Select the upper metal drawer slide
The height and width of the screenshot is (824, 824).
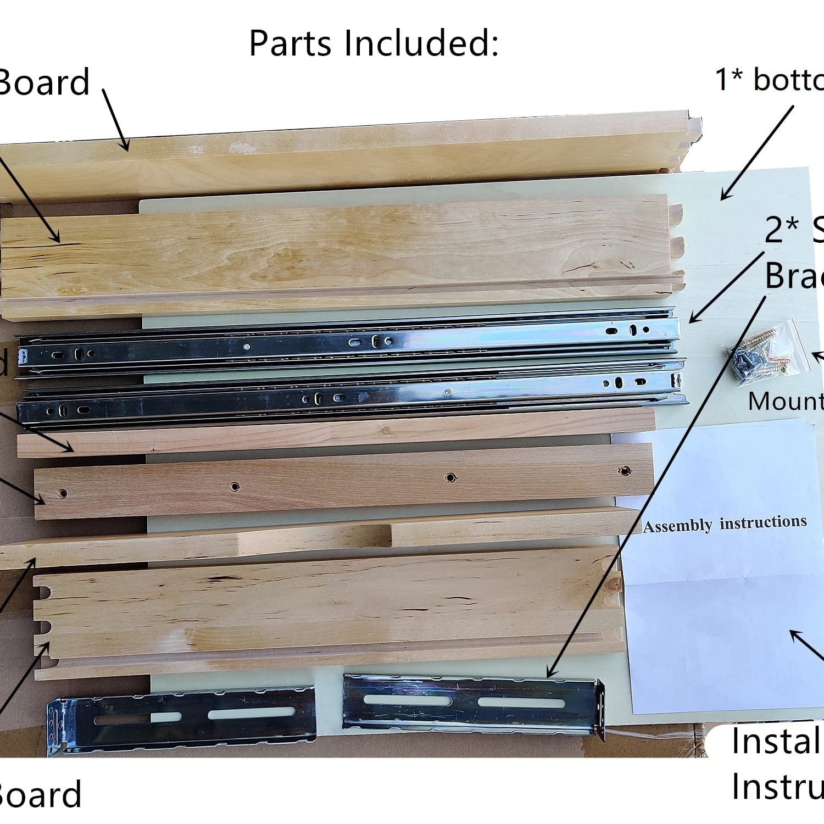tap(346, 342)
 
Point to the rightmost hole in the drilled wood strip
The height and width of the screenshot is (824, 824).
tap(624, 471)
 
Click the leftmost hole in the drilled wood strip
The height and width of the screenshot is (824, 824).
tap(63, 493)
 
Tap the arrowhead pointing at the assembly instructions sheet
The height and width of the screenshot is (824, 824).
tap(794, 634)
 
